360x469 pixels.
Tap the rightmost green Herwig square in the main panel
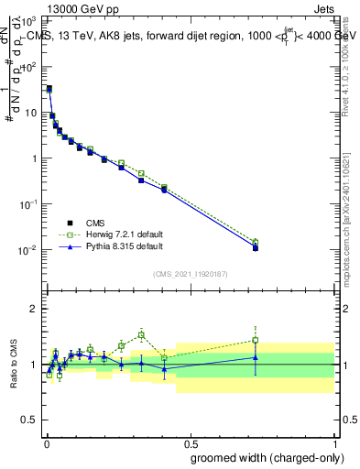click(x=256, y=243)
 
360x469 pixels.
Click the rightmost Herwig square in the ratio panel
click(x=256, y=340)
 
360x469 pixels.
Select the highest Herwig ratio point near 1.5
click(x=141, y=334)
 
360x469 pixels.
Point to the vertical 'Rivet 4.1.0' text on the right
click(x=352, y=69)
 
